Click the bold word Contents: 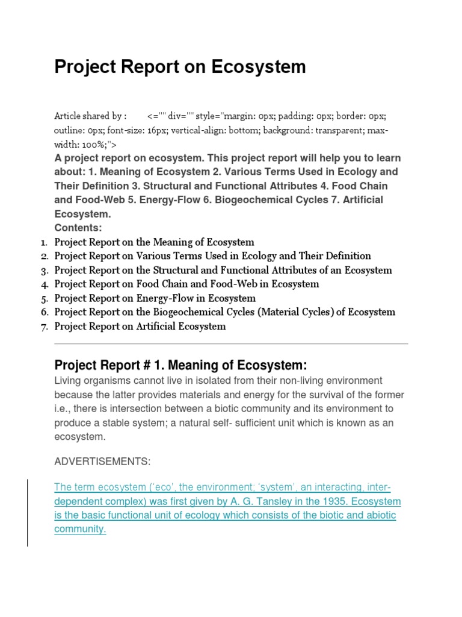click(78, 228)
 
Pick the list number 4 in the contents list click(45, 284)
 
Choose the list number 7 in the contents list click(45, 327)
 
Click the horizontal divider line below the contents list click(231, 344)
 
